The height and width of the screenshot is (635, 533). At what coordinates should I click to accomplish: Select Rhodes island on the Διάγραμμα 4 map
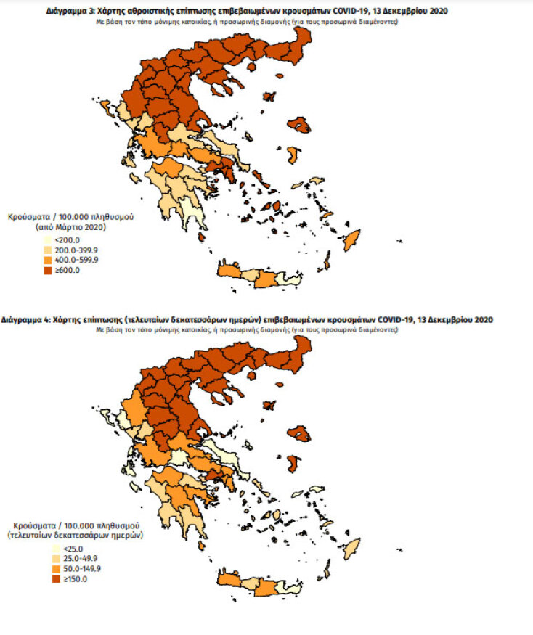click(351, 546)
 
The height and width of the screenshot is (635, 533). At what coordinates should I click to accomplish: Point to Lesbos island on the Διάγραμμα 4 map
click(299, 433)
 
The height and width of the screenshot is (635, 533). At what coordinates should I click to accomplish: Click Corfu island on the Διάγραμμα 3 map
click(106, 108)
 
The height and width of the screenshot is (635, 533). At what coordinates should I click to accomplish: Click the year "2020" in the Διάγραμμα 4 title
click(481, 319)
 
